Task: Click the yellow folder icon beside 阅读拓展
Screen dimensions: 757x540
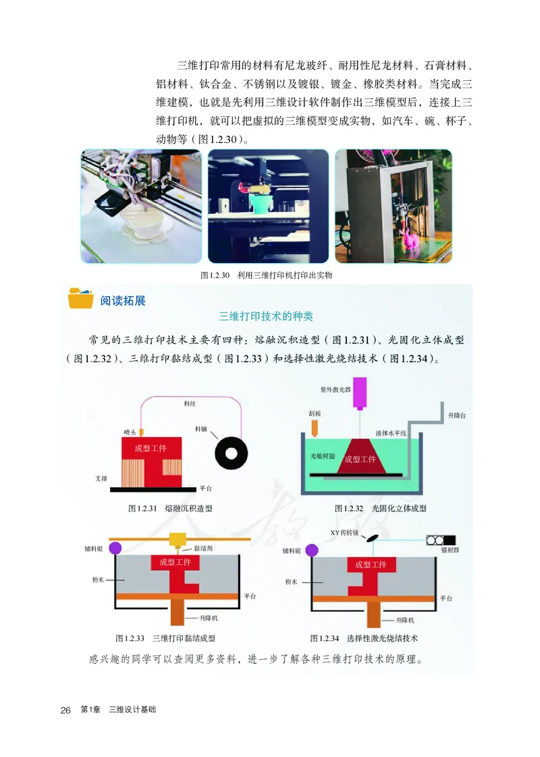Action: pos(81,298)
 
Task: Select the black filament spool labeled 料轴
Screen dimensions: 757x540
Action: pos(231,452)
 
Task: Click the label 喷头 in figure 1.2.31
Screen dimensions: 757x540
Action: pos(130,431)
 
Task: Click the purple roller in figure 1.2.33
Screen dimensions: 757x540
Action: pos(115,547)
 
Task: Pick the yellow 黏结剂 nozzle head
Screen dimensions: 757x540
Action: pos(179,540)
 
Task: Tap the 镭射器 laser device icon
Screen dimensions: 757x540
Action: pos(440,540)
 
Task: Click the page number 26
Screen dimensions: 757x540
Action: pos(65,710)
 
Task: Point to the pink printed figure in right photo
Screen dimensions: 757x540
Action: pos(409,240)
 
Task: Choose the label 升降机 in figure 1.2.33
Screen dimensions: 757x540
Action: pos(209,617)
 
